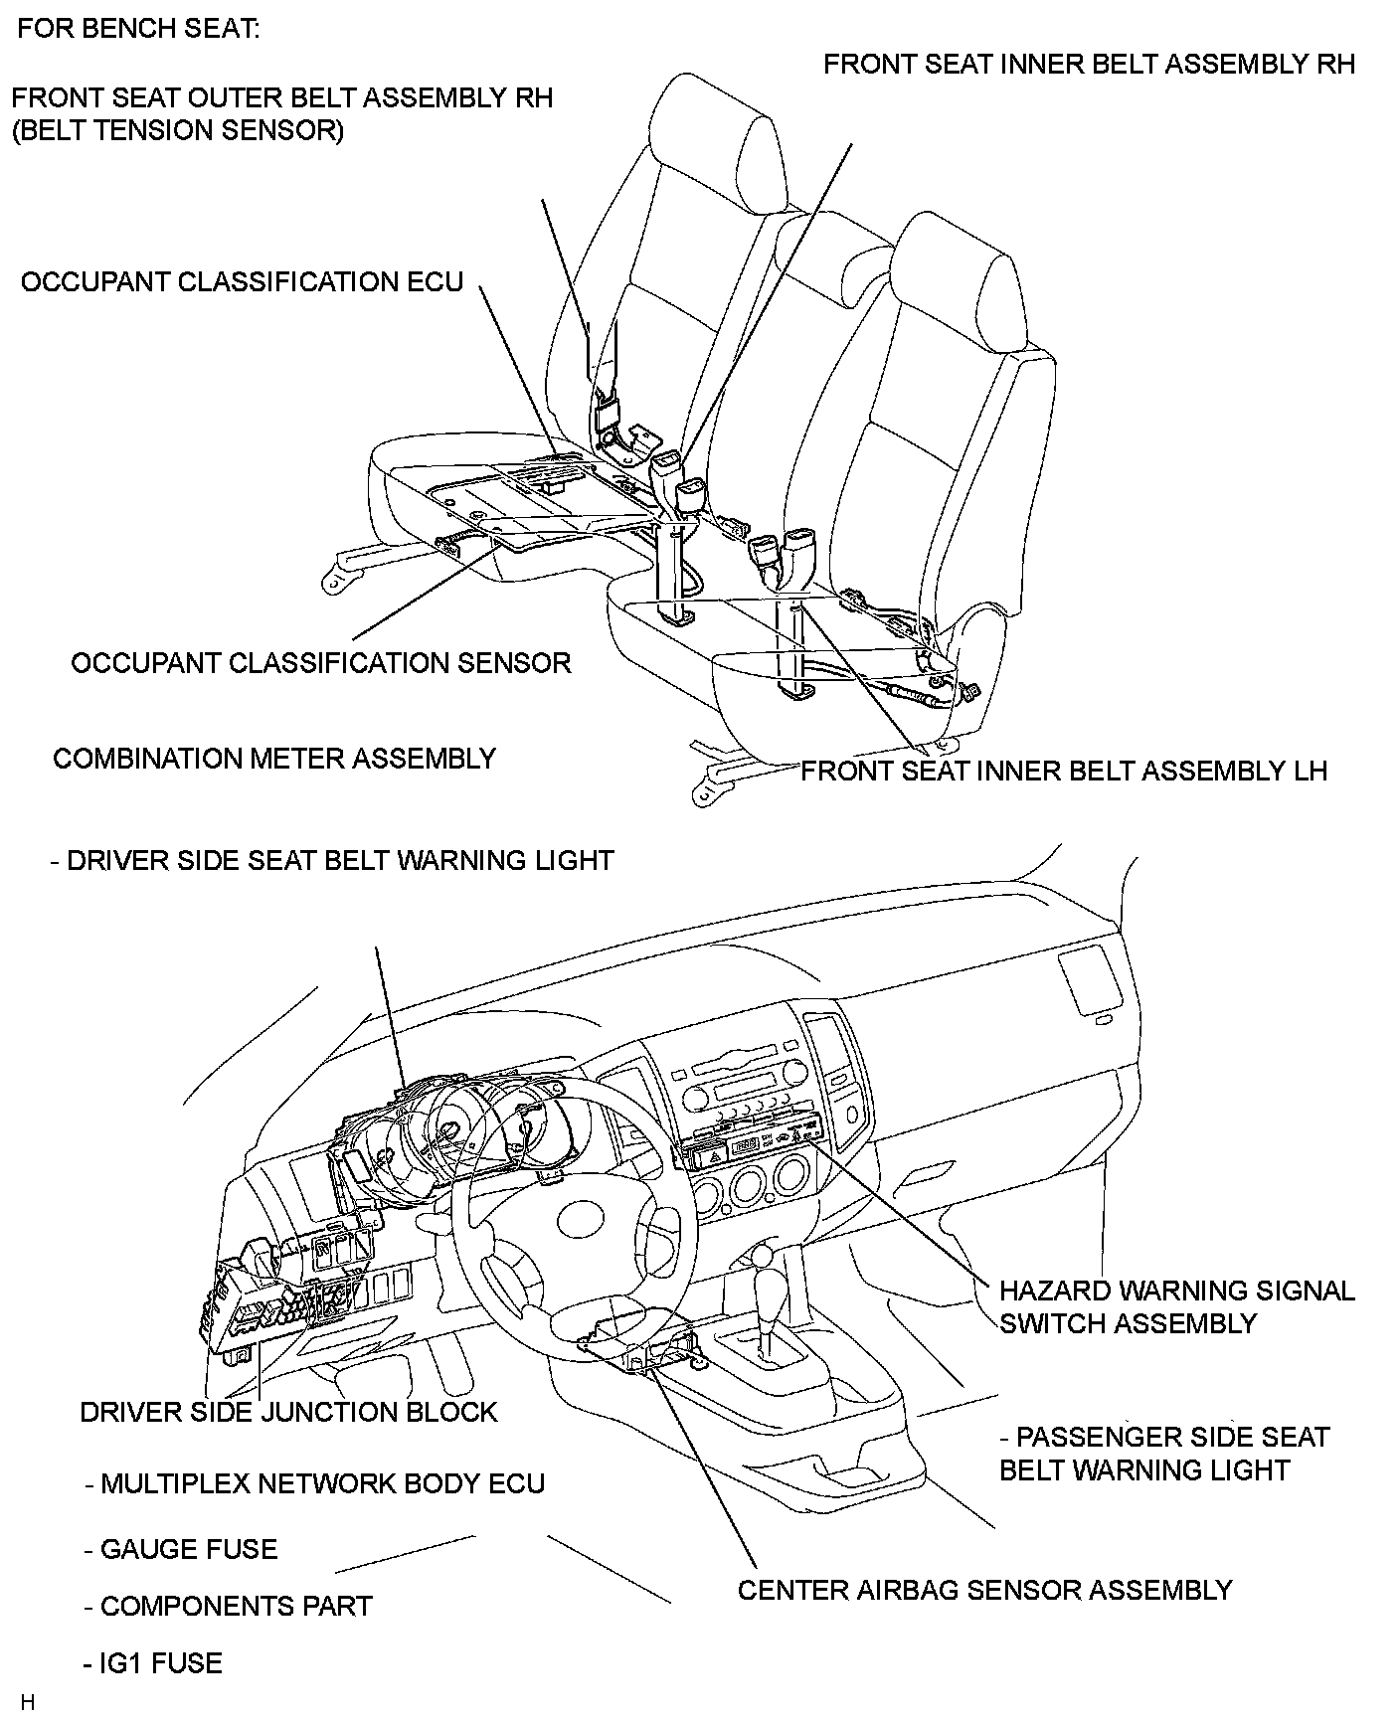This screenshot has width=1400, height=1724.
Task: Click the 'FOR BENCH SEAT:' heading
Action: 138,29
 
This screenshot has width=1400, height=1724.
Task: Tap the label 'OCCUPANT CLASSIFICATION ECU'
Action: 243,282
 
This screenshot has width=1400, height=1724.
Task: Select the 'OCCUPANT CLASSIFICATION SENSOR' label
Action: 321,663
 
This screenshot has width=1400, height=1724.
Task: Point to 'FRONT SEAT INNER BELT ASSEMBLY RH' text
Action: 1089,65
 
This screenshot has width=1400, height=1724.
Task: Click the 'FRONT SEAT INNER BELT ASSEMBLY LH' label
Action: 1064,772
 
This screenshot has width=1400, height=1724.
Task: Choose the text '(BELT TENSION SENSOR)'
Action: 178,130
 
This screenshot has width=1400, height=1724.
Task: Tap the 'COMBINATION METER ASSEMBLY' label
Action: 274,759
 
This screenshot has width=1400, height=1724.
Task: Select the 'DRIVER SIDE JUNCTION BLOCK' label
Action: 288,1412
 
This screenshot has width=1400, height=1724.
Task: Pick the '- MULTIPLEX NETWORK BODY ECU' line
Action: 315,1484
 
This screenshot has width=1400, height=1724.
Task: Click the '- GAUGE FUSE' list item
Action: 181,1549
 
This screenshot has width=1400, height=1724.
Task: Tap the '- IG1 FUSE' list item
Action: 154,1663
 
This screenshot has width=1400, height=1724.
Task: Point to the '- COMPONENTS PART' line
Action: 229,1606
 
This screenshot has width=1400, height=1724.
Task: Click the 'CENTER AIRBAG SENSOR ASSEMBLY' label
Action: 984,1590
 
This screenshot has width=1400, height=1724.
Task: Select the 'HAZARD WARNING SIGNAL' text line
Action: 1177,1291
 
